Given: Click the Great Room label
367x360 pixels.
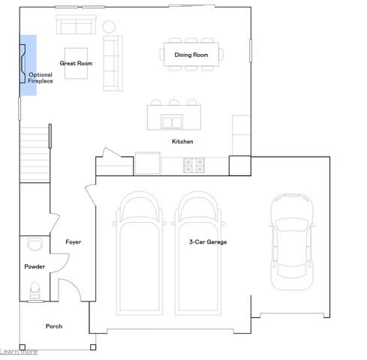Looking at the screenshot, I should point(76,64).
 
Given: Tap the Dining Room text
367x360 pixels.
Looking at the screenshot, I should point(191,55).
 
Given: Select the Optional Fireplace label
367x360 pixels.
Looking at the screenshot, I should point(41,77).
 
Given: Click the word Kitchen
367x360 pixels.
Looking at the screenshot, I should point(182,141).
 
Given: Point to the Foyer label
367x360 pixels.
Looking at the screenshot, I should point(74,242).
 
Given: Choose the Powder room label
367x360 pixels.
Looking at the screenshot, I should point(35,266).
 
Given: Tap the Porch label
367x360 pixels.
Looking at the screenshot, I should point(54,326).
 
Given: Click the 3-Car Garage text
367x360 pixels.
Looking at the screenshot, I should point(208,242).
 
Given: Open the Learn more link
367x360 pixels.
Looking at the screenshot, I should point(19,351).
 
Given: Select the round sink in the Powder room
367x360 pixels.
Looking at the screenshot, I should point(34,244).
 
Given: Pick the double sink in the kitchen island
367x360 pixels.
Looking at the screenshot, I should point(173,121).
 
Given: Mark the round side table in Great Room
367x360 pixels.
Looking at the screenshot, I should point(110,26).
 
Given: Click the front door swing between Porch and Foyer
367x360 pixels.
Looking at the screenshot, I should point(69,289).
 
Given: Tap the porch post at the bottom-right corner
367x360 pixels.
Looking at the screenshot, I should point(93,346).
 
